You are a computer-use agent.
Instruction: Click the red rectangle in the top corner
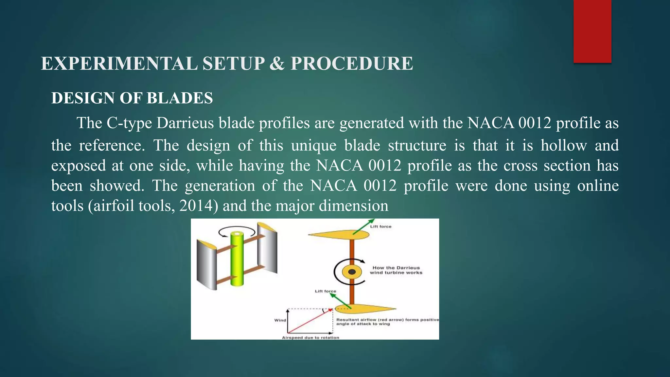click(x=592, y=31)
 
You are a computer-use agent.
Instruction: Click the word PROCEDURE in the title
click(x=352, y=63)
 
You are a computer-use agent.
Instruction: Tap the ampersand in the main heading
click(x=277, y=63)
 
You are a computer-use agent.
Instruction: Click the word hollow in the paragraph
click(x=563, y=145)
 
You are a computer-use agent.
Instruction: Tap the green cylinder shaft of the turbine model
click(x=237, y=259)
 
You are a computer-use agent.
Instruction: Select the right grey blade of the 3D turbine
click(x=267, y=249)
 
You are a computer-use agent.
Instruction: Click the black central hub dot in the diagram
click(x=352, y=272)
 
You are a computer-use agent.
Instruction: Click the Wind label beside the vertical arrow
click(x=280, y=320)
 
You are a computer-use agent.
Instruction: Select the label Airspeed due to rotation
click(x=310, y=337)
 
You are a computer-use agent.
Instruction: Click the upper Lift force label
click(x=380, y=226)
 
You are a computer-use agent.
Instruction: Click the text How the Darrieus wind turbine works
click(x=396, y=270)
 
